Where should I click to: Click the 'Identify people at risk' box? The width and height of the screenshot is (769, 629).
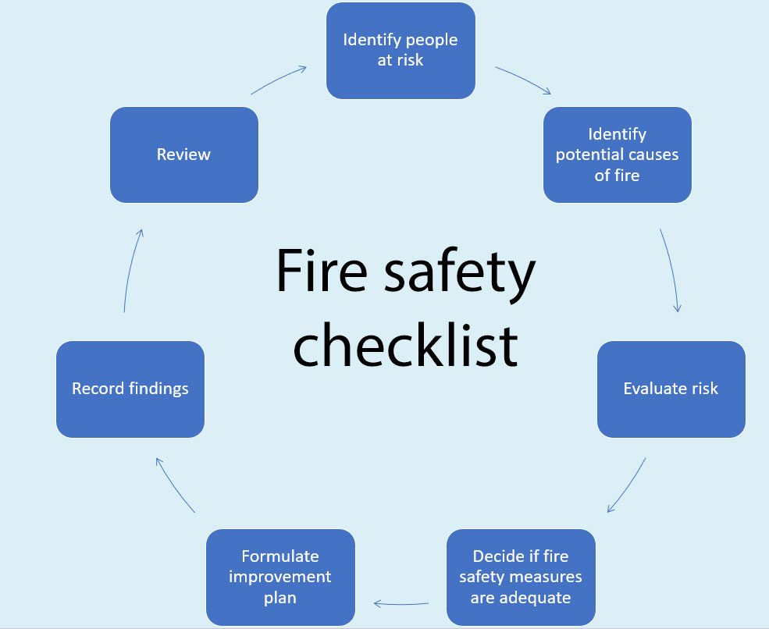click(401, 51)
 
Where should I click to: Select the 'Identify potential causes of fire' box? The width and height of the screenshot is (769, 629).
click(618, 155)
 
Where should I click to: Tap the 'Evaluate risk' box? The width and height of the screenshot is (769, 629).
click(671, 389)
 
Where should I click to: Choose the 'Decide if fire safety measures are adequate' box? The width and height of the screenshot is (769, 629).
click(521, 577)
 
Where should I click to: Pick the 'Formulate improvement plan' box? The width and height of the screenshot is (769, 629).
click(280, 577)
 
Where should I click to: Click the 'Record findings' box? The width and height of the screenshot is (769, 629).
click(130, 389)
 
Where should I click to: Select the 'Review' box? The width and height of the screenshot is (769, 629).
click(184, 155)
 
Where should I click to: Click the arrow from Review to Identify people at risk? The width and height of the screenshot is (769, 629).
click(278, 79)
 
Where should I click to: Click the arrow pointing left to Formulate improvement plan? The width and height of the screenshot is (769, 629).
click(401, 603)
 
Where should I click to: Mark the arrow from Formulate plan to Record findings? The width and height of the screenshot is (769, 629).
click(174, 485)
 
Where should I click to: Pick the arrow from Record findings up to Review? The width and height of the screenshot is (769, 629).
click(133, 270)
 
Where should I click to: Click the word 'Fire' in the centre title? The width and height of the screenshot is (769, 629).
click(322, 271)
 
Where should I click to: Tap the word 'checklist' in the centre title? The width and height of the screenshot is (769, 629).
click(406, 345)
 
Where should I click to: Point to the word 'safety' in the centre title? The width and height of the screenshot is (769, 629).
click(460, 275)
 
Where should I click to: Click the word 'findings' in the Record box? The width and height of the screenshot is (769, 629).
click(158, 389)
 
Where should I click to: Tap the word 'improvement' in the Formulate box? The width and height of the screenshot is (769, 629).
click(280, 577)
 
